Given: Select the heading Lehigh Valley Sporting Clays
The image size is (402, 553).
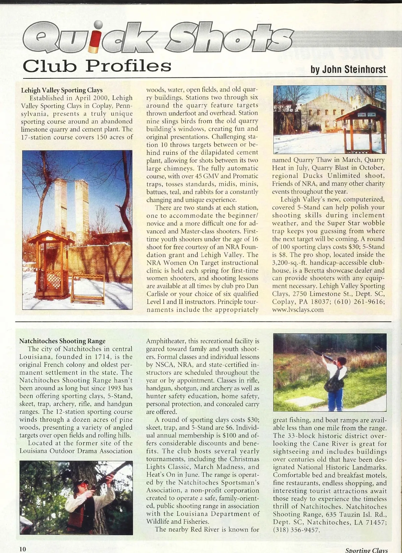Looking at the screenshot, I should click(x=62, y=90).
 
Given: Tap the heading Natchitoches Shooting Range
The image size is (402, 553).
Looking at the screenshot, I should click(x=62, y=341).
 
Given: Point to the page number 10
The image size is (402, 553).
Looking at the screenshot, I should click(x=22, y=549).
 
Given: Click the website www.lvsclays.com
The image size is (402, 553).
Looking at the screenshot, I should click(x=298, y=310).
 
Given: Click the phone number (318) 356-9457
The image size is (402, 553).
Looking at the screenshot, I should click(x=296, y=530).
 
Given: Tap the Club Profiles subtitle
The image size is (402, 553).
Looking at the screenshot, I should click(x=97, y=66).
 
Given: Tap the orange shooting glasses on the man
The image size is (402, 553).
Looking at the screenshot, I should click(x=83, y=485).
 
